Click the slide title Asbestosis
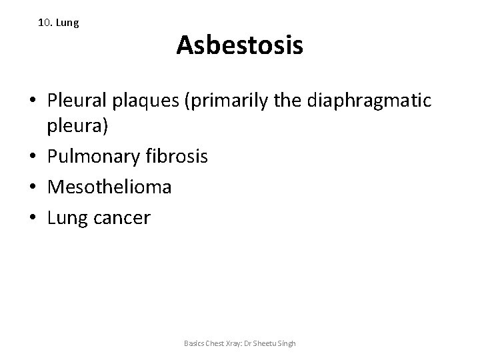tap(240, 46)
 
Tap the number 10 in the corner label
tap(45, 23)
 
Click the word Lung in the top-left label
tap(68, 23)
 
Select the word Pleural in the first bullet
tap(73, 101)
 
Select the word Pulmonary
tap(93, 157)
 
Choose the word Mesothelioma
tap(109, 187)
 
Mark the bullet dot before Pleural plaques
tap(33, 101)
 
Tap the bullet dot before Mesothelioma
tap(33, 188)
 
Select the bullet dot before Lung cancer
tap(33, 218)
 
